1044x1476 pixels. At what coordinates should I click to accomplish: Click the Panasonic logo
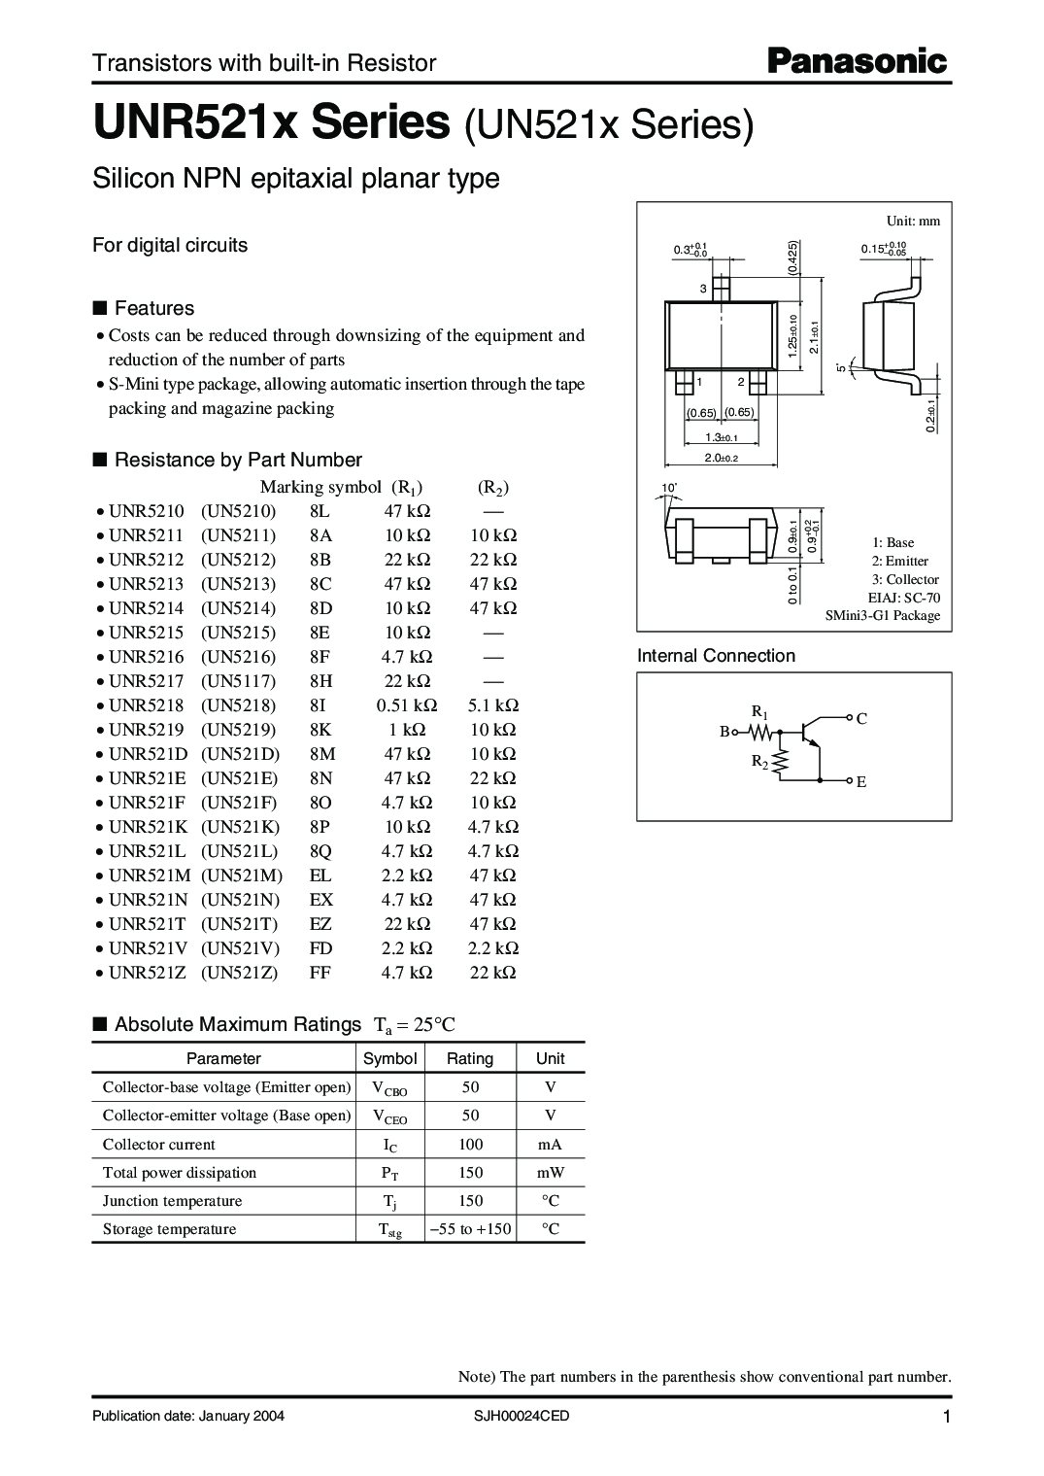pyautogui.click(x=857, y=62)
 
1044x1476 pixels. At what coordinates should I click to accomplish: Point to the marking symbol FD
pyautogui.click(x=320, y=948)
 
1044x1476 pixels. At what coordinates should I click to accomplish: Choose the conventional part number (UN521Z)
pyautogui.click(x=240, y=973)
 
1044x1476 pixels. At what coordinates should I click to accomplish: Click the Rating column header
pyautogui.click(x=469, y=1058)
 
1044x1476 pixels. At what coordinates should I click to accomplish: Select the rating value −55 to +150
pyautogui.click(x=471, y=1229)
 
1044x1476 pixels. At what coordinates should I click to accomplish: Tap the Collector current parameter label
pyautogui.click(x=159, y=1145)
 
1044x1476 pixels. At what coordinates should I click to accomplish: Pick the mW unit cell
pyautogui.click(x=551, y=1173)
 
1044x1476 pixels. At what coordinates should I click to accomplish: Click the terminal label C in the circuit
pyautogui.click(x=860, y=719)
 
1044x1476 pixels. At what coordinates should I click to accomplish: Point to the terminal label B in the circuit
pyautogui.click(x=724, y=732)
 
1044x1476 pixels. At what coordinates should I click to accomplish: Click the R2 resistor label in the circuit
pyautogui.click(x=758, y=762)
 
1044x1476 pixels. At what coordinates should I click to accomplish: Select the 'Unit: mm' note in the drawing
pyautogui.click(x=913, y=221)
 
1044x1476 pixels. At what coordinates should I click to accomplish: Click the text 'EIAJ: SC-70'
pyautogui.click(x=903, y=598)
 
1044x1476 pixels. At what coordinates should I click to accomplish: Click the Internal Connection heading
pyautogui.click(x=716, y=656)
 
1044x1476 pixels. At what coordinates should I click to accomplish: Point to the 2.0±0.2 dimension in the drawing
pyautogui.click(x=722, y=458)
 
